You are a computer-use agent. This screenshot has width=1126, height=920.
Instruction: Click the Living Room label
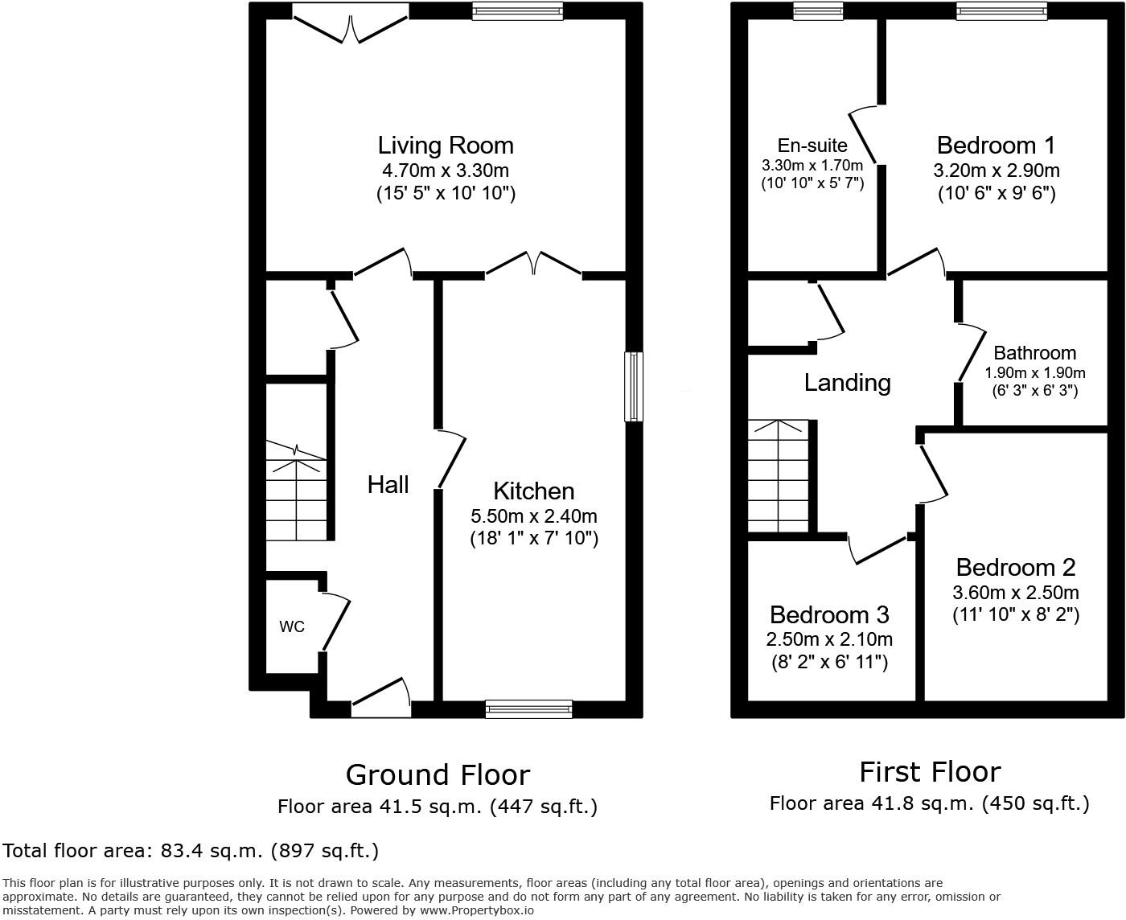[x=446, y=146]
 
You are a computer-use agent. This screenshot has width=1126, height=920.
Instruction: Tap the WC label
[x=292, y=626]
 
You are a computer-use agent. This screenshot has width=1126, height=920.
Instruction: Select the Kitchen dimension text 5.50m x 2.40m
[x=534, y=515]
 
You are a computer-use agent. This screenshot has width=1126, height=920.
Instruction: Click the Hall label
[x=388, y=484]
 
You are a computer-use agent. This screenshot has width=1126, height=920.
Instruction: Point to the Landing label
[x=847, y=382]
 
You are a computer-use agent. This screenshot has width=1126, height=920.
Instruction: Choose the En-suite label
[x=812, y=146]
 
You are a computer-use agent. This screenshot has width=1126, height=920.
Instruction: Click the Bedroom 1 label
[x=996, y=146]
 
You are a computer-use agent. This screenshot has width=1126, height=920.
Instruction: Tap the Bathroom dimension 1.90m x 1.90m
[x=1035, y=372]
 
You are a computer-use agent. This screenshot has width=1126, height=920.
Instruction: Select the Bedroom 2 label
[x=1015, y=567]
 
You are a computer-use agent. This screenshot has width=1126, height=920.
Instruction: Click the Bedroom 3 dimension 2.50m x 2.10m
[x=828, y=639]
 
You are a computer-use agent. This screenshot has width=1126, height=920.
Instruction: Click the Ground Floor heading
[x=438, y=774]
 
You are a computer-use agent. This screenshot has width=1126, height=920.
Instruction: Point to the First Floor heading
[x=930, y=771]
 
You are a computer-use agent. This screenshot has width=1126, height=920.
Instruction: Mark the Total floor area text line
[x=191, y=850]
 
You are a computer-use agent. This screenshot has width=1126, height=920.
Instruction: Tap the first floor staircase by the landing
[x=777, y=475]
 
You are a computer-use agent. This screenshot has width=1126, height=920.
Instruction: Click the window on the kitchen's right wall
[x=634, y=386]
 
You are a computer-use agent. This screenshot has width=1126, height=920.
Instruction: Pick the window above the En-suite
[x=817, y=10]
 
